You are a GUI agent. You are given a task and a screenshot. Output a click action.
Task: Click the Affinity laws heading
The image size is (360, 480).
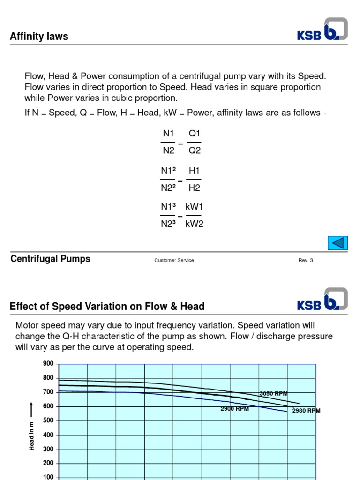(x=39, y=37)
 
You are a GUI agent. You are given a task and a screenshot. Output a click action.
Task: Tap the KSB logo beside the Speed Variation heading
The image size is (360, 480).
(x=322, y=300)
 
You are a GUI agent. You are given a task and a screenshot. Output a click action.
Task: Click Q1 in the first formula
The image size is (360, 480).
(x=194, y=134)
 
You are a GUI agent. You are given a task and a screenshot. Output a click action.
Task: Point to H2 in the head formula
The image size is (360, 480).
(x=194, y=187)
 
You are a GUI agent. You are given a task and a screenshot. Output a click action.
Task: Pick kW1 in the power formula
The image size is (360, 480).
(x=194, y=207)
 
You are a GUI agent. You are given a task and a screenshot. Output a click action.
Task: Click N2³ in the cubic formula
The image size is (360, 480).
(x=169, y=224)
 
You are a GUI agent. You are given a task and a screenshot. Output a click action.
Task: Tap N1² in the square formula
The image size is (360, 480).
(x=169, y=171)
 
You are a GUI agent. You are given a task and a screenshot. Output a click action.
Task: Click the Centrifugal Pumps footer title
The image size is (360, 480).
(x=50, y=259)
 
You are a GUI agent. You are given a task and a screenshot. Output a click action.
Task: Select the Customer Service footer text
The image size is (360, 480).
(x=174, y=260)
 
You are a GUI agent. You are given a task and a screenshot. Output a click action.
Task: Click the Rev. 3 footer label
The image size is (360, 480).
(x=306, y=260)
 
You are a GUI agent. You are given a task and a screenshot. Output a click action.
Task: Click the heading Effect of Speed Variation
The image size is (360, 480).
(x=107, y=307)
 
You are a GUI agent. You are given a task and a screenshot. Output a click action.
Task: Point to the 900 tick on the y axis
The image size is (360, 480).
(x=48, y=363)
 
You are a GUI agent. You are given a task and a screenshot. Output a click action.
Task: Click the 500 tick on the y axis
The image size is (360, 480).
(x=48, y=420)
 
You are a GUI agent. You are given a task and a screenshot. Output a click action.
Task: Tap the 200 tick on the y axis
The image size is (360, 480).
(x=48, y=463)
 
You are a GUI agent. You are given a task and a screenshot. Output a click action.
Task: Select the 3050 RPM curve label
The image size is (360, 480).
(x=273, y=394)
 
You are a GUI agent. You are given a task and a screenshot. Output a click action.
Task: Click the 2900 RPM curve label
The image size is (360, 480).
(x=234, y=408)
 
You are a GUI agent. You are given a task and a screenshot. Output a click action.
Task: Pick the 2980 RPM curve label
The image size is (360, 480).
(x=306, y=411)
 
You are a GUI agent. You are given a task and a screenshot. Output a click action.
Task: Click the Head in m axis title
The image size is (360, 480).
(x=32, y=435)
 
